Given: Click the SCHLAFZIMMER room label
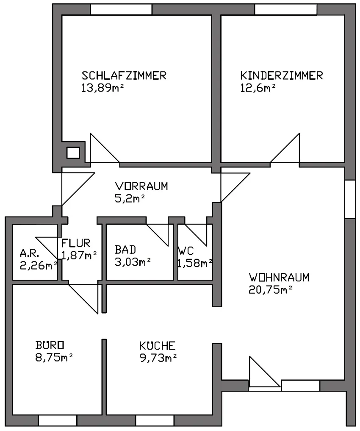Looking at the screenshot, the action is (124, 75).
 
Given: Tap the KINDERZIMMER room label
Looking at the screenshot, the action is (282, 75).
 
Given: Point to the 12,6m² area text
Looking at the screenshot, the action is (258, 88).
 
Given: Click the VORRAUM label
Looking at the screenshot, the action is (141, 186).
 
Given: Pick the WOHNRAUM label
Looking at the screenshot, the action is (279, 277).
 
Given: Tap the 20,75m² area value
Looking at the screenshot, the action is (270, 290).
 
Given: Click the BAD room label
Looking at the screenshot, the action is (125, 250).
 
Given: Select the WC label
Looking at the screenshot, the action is (186, 251).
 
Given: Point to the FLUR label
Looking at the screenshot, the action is (76, 243).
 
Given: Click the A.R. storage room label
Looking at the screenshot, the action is (29, 253).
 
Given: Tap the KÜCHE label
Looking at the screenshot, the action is (158, 345).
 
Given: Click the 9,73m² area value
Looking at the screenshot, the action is (158, 358).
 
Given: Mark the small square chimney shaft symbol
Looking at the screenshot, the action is (73, 153).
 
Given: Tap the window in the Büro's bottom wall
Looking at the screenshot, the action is (58, 420).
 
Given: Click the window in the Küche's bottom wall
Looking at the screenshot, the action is (155, 420).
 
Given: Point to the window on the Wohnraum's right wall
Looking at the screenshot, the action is (350, 200).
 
